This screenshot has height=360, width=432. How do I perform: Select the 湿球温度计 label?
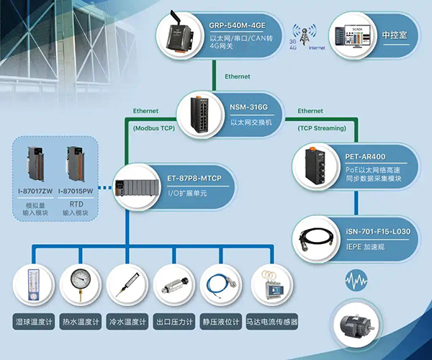point(34,321)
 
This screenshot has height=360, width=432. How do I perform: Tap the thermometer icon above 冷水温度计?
point(127,284)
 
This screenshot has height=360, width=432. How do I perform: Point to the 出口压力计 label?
point(174,321)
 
